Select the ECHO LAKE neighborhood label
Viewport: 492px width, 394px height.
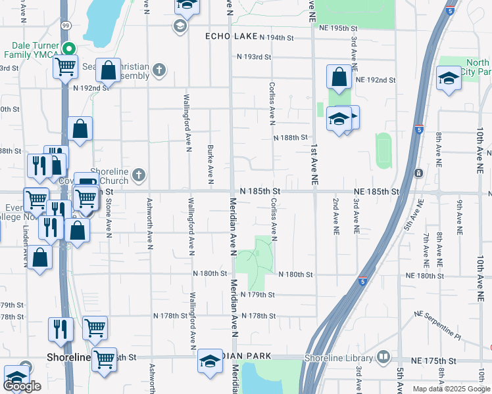click(x=230, y=36)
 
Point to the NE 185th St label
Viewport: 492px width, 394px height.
click(x=376, y=191)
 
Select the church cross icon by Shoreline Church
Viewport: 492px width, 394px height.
click(x=138, y=175)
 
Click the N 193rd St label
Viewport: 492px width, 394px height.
click(x=255, y=57)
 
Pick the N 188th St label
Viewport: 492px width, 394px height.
click(x=290, y=137)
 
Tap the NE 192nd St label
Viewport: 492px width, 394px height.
click(x=375, y=80)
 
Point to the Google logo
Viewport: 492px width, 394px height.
click(x=22, y=386)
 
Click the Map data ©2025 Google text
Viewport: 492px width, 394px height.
click(x=451, y=389)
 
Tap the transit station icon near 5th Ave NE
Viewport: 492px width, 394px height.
click(x=418, y=173)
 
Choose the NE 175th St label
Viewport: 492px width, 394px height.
click(x=433, y=361)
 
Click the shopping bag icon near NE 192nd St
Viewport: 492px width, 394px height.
click(x=339, y=77)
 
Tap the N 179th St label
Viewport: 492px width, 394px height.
click(x=258, y=295)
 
